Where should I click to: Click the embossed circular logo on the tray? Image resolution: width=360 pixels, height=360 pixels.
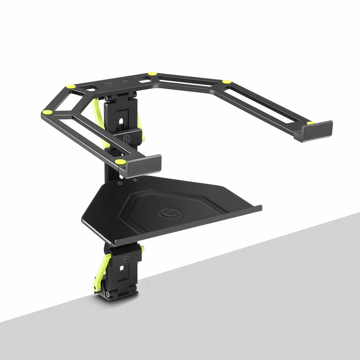tap(166, 213)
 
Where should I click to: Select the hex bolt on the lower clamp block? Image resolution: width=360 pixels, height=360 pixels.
tap(126, 258)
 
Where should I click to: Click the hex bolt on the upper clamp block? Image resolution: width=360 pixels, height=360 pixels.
tap(127, 138)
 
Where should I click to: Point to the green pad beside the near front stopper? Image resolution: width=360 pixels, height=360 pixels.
tap(121, 162)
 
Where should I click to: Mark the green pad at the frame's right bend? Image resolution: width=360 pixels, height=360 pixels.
tap(226, 82)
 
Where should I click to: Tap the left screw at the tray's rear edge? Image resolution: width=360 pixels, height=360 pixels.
tap(120, 183)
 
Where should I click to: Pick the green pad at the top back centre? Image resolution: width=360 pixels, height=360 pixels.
tap(152, 73)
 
